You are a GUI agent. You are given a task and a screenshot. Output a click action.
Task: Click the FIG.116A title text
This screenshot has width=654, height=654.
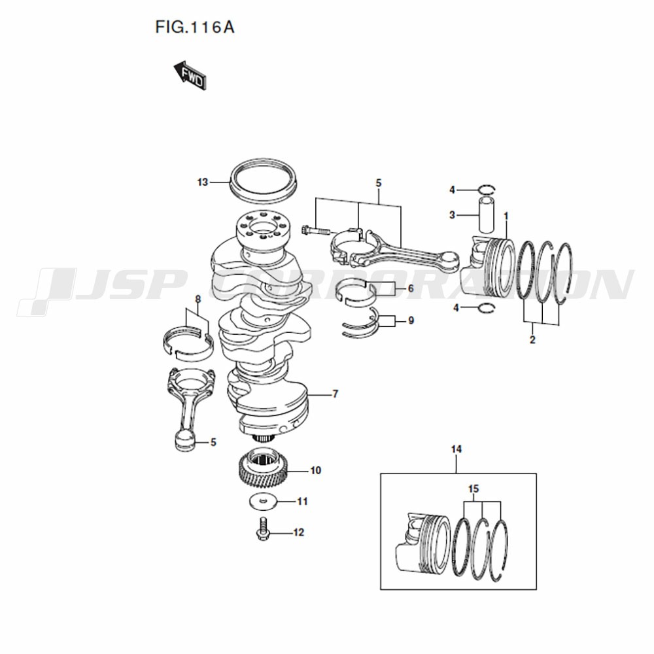pos(195,27)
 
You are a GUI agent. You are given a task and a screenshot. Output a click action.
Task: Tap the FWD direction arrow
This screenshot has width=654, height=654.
pos(190,75)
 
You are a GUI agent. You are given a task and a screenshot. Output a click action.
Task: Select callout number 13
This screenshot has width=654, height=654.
pos(203,182)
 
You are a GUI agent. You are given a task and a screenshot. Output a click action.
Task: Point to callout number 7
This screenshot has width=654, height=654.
pos(335,394)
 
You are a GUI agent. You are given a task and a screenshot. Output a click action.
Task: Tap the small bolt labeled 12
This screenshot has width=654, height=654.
pos(262,529)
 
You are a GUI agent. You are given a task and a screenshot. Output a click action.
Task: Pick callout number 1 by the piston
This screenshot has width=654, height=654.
pos(506,216)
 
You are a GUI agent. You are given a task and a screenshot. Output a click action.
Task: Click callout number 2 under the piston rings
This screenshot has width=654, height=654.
pos(532,339)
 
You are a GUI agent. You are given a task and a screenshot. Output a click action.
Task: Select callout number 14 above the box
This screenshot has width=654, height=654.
pos(456,449)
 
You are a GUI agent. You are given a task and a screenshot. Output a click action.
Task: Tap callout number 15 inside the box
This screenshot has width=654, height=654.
pos(473,489)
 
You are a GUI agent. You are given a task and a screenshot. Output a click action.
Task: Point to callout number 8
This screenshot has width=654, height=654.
pos(198,299)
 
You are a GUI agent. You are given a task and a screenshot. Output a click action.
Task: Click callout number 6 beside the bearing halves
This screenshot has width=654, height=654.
pos(411,288)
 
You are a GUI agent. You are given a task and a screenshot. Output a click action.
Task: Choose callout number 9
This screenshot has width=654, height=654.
pos(411,320)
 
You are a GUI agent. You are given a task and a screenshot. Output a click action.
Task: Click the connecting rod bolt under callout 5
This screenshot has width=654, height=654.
pos(315,230)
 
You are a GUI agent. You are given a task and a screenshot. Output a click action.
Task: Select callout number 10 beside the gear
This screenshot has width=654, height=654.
pos(316,470)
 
